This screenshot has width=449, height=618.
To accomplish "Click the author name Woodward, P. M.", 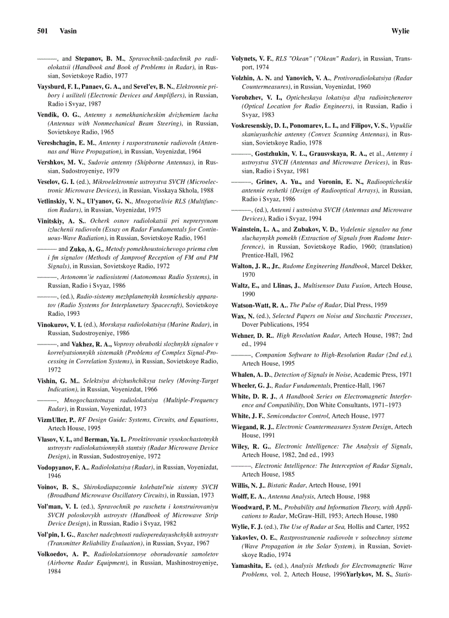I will coord(257,507).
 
